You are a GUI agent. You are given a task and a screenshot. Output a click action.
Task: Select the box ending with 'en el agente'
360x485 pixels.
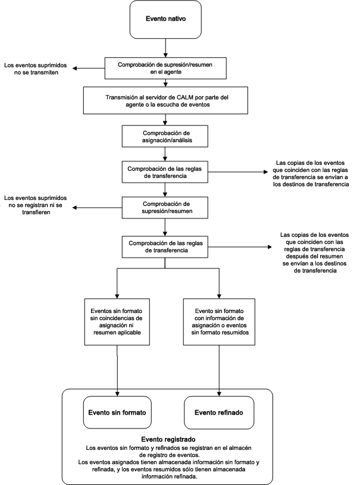click(166, 67)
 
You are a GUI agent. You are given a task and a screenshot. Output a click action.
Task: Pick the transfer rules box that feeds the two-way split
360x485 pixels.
click(166, 246)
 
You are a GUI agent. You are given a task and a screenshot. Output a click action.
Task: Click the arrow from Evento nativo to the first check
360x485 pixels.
click(166, 47)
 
